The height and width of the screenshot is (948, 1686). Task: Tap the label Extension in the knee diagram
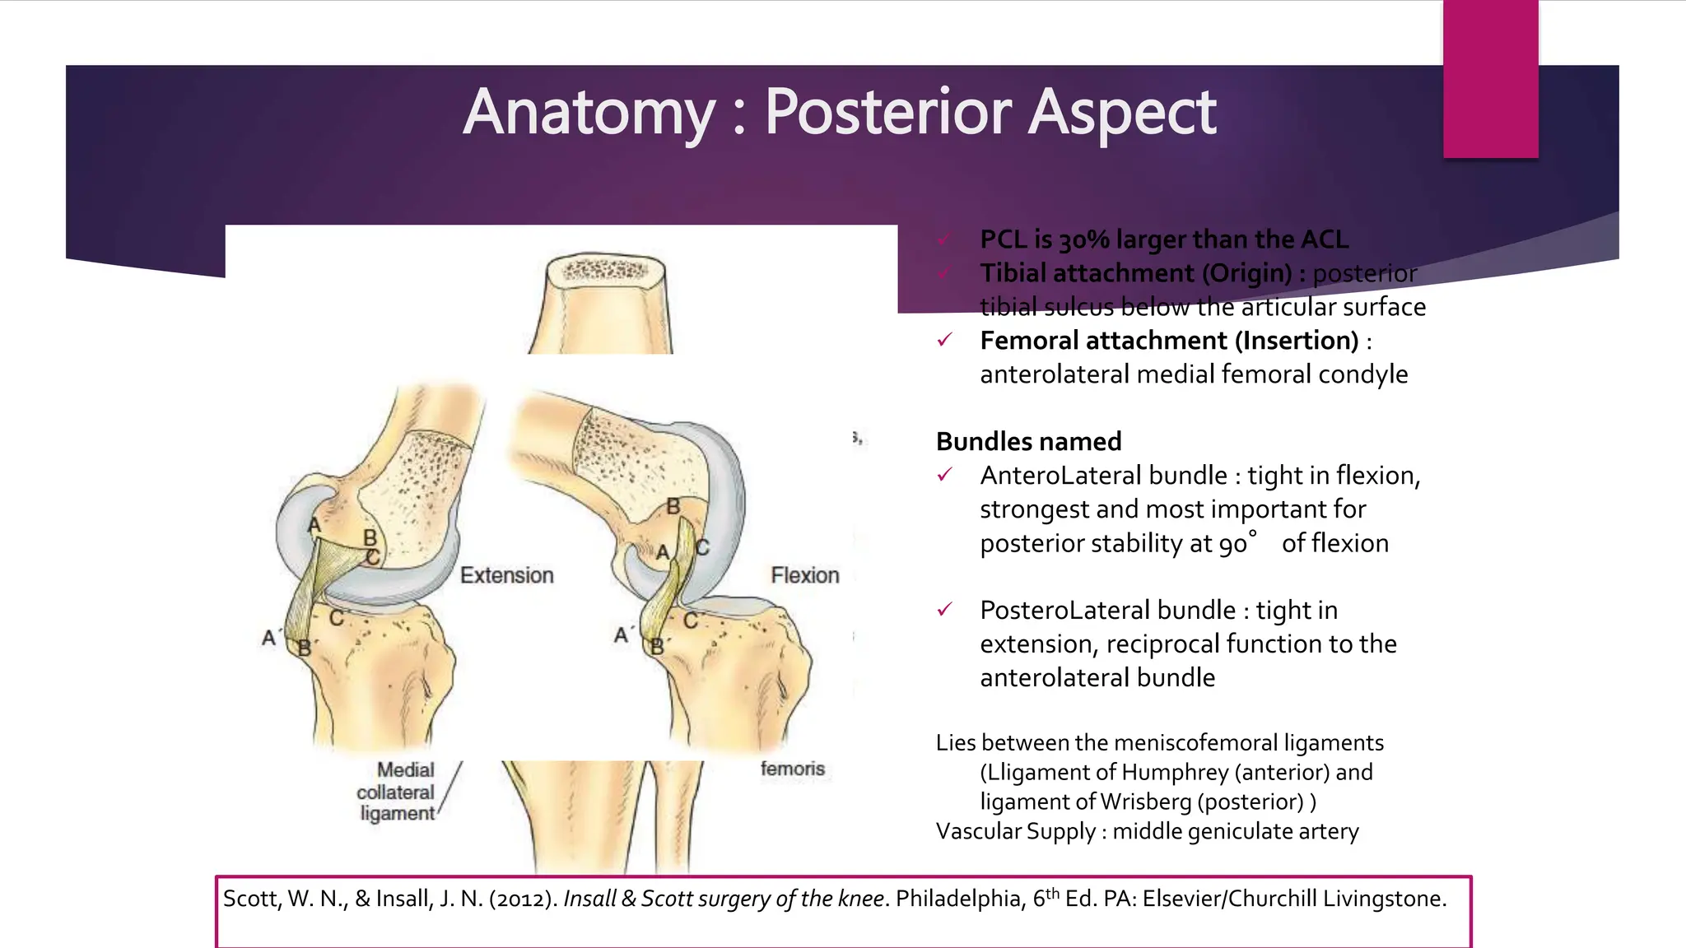506,575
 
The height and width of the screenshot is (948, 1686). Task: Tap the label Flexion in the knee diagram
804,575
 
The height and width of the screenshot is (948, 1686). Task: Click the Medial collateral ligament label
397,792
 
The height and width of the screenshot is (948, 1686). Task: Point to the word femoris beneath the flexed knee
792,769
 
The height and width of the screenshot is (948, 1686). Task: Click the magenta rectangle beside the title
1490,79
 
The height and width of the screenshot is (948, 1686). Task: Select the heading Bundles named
1028,442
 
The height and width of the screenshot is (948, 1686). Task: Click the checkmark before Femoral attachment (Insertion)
945,340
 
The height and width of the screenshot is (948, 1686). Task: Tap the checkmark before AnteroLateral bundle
945,475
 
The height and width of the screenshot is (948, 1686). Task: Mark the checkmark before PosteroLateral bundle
945,610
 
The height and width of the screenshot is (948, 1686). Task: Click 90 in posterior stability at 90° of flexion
1233,544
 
